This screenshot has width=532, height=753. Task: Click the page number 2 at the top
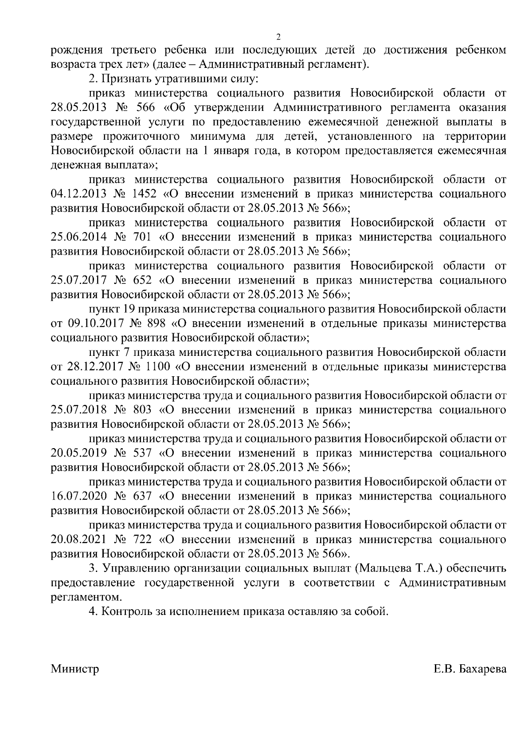[x=278, y=36]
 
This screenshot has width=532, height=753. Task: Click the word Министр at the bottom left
[x=75, y=669]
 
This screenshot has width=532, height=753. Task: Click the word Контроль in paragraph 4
[x=126, y=611]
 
